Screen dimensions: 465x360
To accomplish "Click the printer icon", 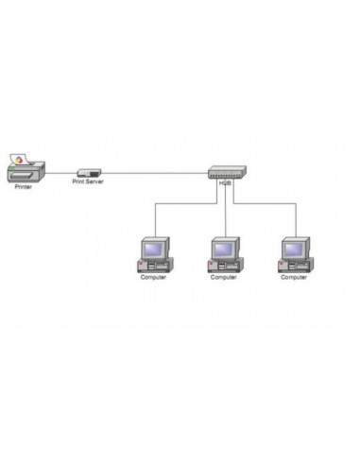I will coord(25,170).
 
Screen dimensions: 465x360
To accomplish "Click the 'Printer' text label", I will coord(24,187).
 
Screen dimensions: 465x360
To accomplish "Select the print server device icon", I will coord(88,172).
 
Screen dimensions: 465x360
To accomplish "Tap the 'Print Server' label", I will coord(88,181).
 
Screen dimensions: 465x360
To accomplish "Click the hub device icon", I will coord(226,173).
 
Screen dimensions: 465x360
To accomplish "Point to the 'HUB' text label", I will coord(225,184).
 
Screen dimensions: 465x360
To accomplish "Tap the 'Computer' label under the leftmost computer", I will coord(154,278).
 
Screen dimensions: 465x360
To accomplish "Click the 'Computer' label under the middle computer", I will coord(224,278).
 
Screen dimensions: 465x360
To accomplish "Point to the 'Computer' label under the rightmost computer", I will coord(294,278).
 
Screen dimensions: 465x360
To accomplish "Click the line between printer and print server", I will coord(60,173).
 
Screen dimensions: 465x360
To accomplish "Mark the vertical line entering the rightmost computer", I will coord(295,219).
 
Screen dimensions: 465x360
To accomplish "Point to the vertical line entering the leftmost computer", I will coord(154,219).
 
